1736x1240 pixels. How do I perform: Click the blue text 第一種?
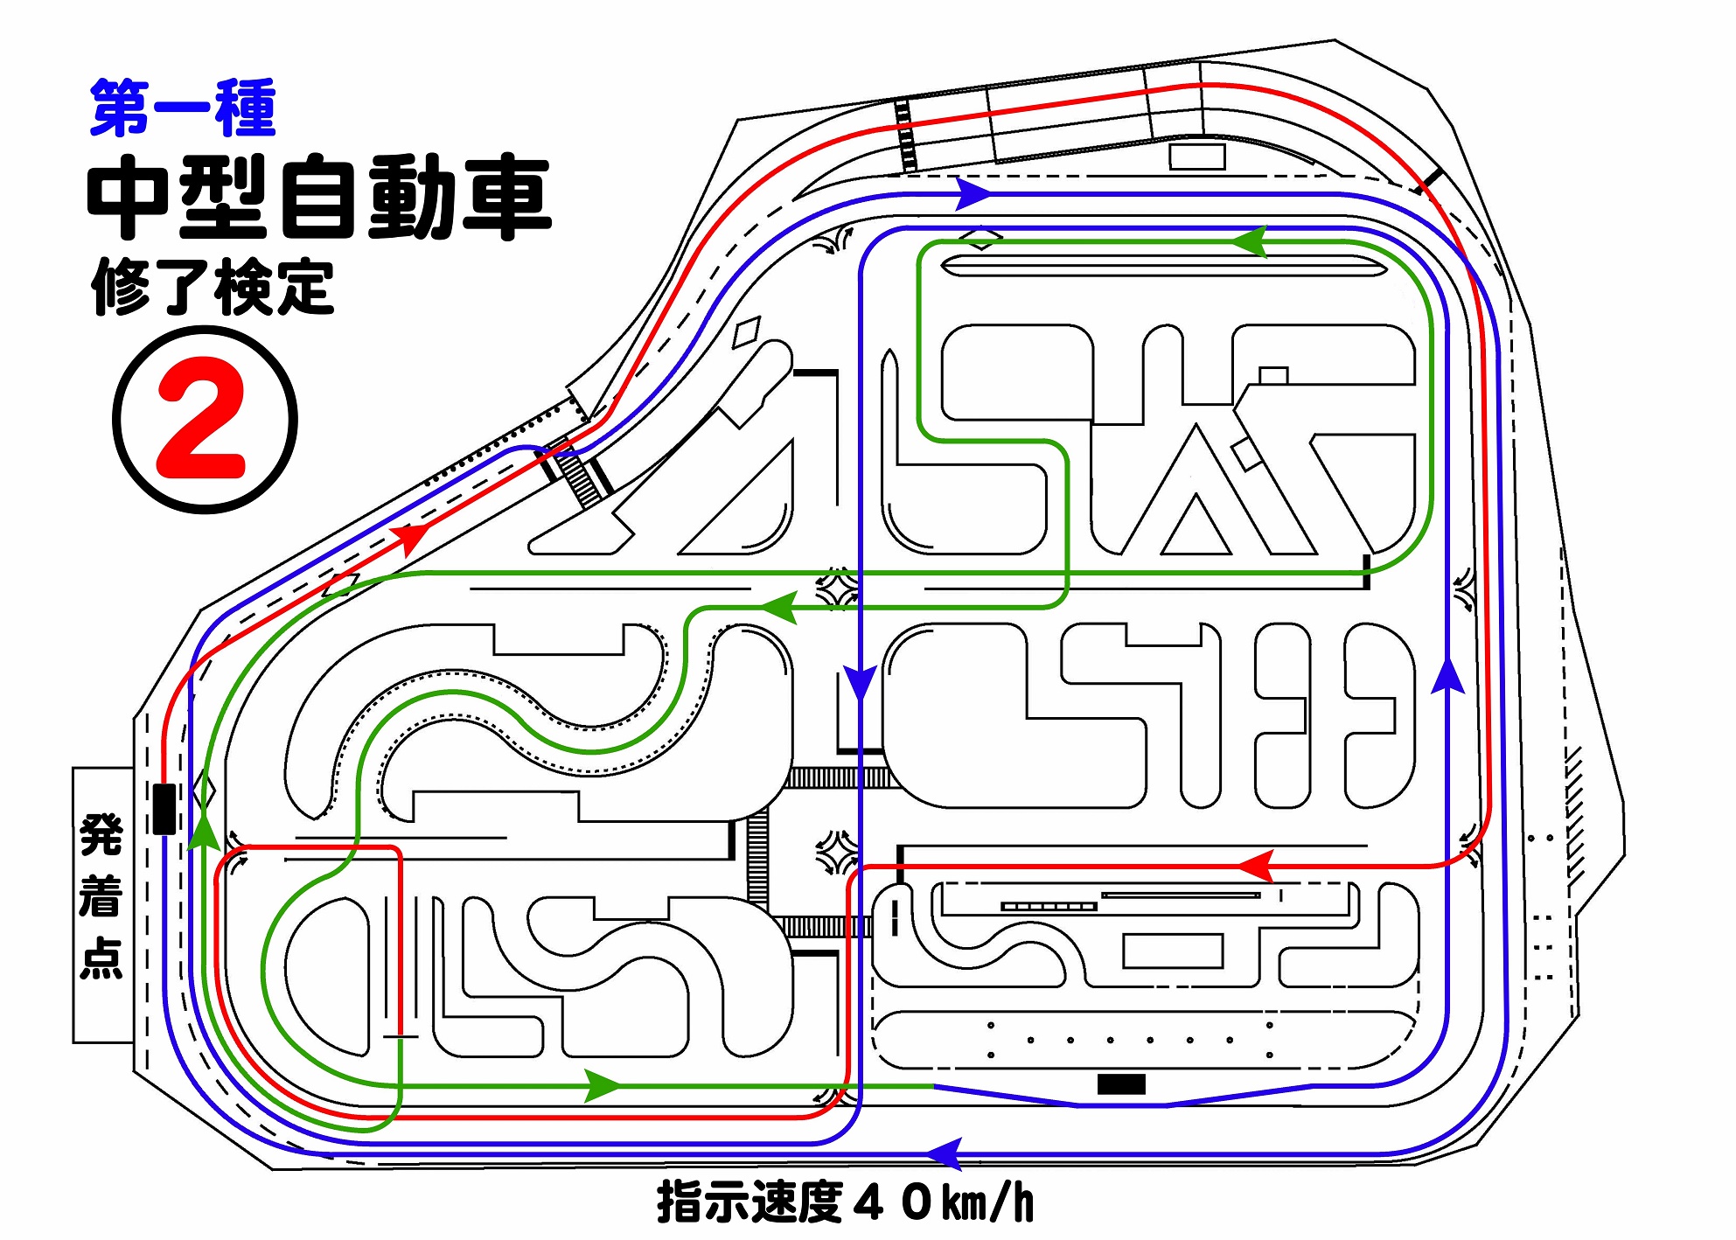click(x=183, y=108)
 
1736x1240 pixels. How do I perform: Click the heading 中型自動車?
click(x=319, y=198)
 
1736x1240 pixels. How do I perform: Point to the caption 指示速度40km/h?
click(x=845, y=1202)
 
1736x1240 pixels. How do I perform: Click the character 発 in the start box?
click(x=101, y=834)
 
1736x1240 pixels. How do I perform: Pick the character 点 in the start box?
click(x=101, y=958)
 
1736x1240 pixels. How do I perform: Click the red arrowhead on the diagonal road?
click(x=411, y=536)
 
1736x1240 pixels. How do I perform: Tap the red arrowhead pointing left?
click(x=1256, y=866)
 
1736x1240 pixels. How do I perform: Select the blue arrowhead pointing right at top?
click(x=973, y=193)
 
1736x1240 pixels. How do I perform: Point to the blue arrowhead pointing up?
click(x=1448, y=675)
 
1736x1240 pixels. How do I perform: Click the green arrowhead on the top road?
click(x=1250, y=242)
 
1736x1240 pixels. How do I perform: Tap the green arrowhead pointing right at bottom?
click(x=603, y=1086)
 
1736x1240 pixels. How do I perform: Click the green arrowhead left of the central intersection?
click(x=778, y=607)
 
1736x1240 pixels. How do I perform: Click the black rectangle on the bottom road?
click(x=1121, y=1084)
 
